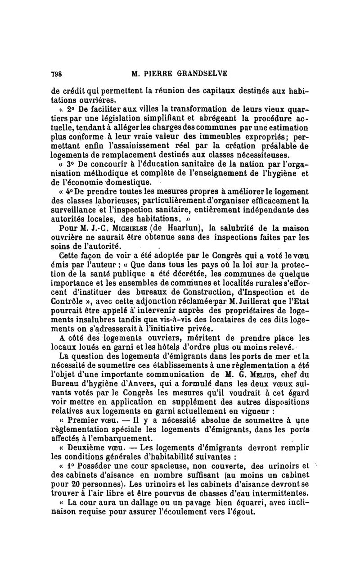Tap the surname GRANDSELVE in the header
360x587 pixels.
coord(201,74)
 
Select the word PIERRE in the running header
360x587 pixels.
coord(152,74)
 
